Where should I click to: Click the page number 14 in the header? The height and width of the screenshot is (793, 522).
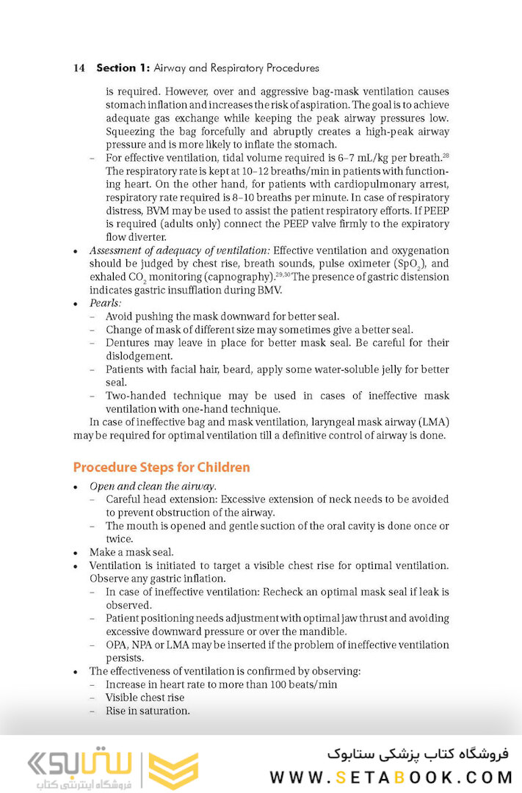[x=79, y=68]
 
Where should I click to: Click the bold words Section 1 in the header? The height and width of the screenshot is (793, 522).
[x=123, y=68]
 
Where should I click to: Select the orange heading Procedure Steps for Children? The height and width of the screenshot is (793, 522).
[x=162, y=468]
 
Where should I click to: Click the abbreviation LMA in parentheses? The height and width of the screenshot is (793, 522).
[x=433, y=422]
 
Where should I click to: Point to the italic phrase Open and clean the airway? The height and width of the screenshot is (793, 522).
[x=153, y=486]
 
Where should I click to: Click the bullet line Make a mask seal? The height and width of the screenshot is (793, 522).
[x=132, y=552]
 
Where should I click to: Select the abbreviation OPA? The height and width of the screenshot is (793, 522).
[x=117, y=645]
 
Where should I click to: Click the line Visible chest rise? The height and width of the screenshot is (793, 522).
[x=145, y=698]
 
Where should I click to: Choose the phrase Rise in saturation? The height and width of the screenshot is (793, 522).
[x=148, y=711]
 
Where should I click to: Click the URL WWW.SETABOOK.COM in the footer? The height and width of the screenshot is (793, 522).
[x=390, y=777]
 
